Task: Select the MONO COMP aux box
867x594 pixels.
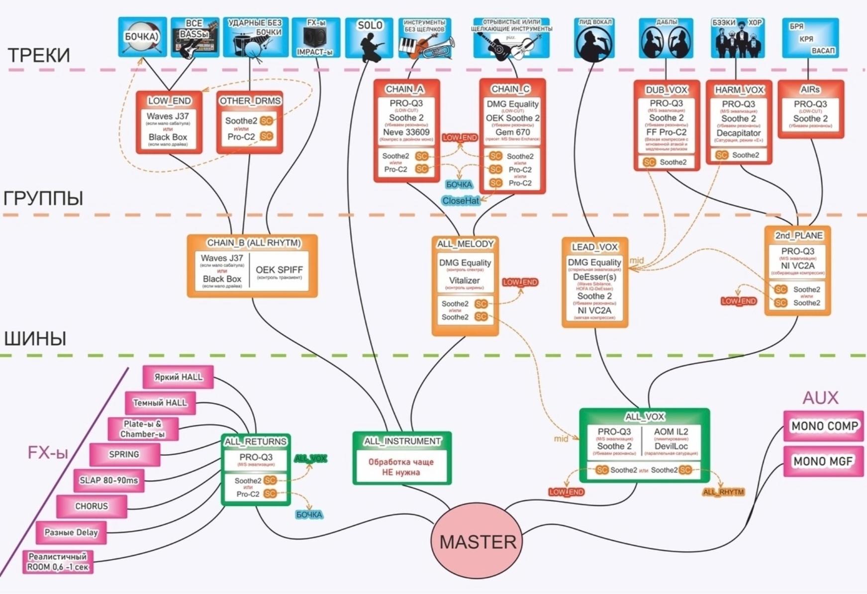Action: point(824,426)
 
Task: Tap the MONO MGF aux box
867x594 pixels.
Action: point(823,461)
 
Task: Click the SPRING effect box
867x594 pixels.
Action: point(124,454)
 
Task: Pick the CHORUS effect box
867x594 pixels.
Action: point(92,506)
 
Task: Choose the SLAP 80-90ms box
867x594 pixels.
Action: point(108,481)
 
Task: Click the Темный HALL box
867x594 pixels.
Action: point(160,402)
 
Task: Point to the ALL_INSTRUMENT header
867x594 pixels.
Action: point(402,441)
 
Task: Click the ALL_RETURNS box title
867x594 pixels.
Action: point(256,442)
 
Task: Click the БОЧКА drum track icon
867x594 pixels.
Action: point(142,37)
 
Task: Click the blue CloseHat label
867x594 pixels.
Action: point(461,200)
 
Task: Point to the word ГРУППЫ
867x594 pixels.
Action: point(43,198)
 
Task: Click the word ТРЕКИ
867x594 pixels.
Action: point(39,55)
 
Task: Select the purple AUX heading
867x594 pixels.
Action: point(820,397)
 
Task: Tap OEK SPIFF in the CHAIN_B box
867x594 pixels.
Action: point(279,270)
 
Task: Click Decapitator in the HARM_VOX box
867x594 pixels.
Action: point(739,133)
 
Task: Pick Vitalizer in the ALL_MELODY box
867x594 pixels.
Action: point(464,281)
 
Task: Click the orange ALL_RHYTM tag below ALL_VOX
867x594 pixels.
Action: point(723,492)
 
